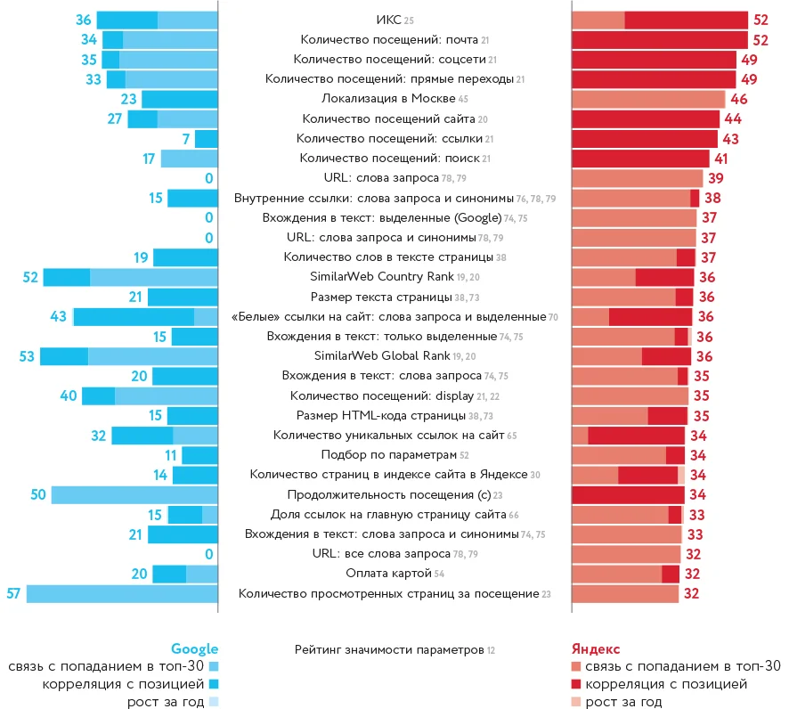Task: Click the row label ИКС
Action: [x=389, y=20]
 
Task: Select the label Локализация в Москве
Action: [x=389, y=99]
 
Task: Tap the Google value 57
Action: [x=13, y=593]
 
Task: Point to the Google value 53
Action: [x=27, y=356]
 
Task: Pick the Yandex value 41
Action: [x=721, y=159]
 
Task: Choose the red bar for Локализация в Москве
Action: [x=648, y=99]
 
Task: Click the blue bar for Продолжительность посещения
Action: [x=134, y=494]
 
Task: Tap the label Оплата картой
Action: [x=389, y=574]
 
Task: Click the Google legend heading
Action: [x=194, y=649]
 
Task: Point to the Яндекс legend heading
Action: [x=595, y=649]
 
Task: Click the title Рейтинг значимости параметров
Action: [x=389, y=650]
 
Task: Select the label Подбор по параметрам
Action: [x=389, y=455]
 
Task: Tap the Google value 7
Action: [x=185, y=139]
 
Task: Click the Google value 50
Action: [x=37, y=494]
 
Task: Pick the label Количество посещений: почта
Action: [x=389, y=40]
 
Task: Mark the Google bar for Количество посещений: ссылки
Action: [x=207, y=139]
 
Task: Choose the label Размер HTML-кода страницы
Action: [x=389, y=416]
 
